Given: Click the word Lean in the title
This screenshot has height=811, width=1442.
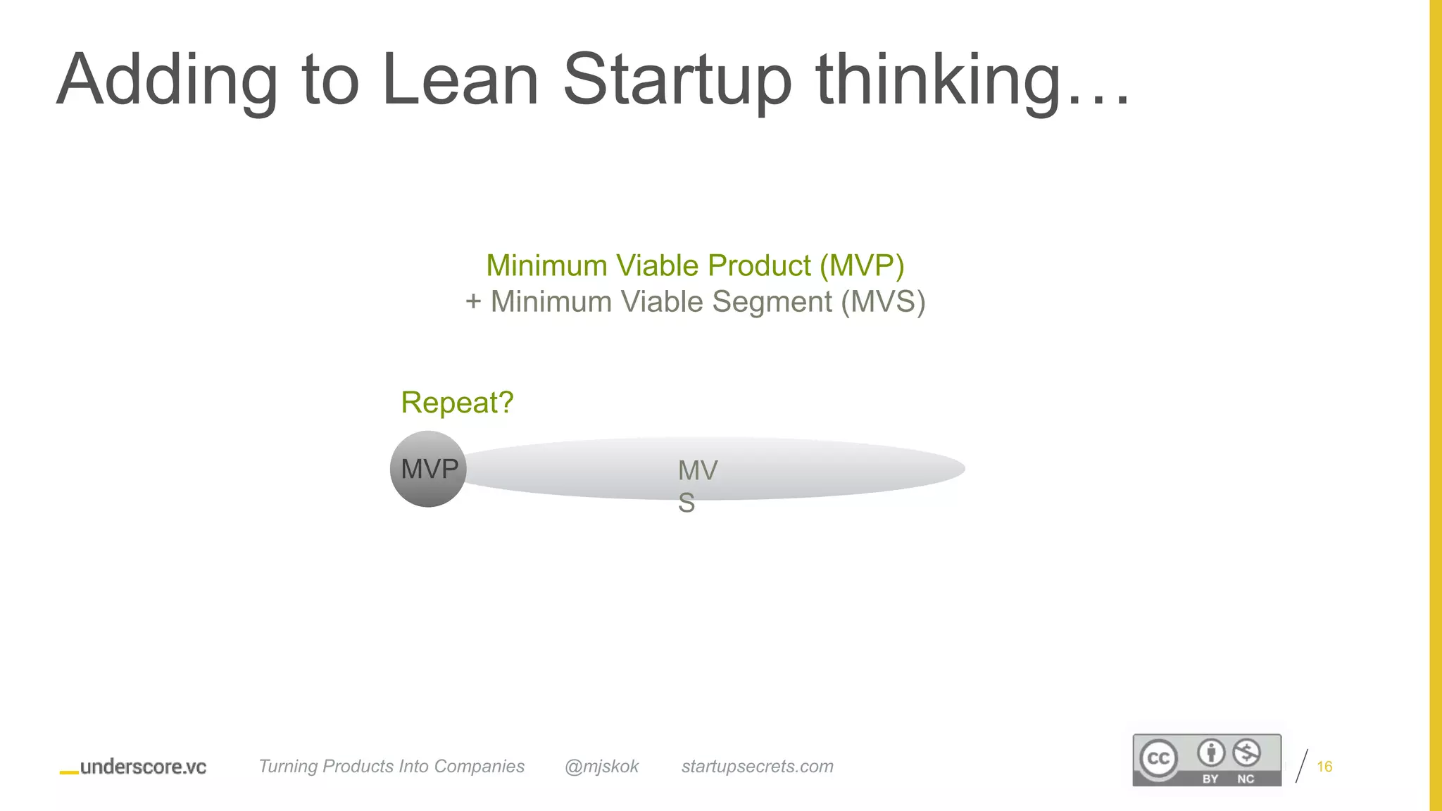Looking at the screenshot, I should (460, 80).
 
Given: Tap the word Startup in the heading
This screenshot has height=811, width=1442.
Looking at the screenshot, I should (677, 80).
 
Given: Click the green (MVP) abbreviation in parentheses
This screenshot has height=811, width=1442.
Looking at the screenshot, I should (862, 265).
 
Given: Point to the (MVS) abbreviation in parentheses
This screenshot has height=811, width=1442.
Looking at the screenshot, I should (883, 302).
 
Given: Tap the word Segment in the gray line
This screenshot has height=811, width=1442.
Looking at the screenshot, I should (772, 302).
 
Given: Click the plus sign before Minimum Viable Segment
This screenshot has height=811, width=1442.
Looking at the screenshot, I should (473, 302).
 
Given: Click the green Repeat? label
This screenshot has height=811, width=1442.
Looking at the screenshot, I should (457, 403).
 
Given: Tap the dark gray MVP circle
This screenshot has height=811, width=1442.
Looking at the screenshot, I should (428, 469).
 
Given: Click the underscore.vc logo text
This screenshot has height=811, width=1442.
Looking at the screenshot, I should (143, 767).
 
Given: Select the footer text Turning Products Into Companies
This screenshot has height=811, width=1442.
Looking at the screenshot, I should (391, 767).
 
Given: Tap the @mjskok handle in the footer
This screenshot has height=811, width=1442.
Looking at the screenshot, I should (601, 767).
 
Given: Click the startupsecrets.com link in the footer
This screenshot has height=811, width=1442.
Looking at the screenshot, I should (757, 767).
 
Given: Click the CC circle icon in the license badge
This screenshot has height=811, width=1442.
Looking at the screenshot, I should (1158, 758).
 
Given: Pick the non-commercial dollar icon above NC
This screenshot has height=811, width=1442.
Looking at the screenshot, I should (1246, 753).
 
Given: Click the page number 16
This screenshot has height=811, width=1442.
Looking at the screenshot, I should (1324, 767).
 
